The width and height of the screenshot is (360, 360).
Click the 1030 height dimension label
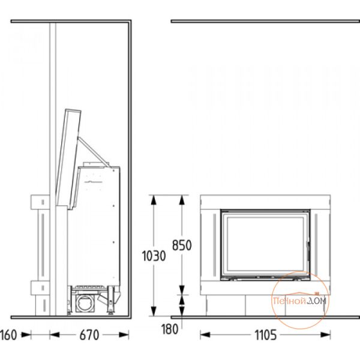pos(154,256)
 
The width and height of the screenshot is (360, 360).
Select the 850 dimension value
pos(182,245)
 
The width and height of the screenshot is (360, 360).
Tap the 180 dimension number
pos(170,329)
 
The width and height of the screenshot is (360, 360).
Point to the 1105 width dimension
pos(266,335)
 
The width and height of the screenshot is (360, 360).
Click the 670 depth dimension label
pos(89,335)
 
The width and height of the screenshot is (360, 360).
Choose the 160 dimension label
pos(8,335)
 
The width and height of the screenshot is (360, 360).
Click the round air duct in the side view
pos(85,303)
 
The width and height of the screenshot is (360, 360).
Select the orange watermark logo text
pos(300,301)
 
